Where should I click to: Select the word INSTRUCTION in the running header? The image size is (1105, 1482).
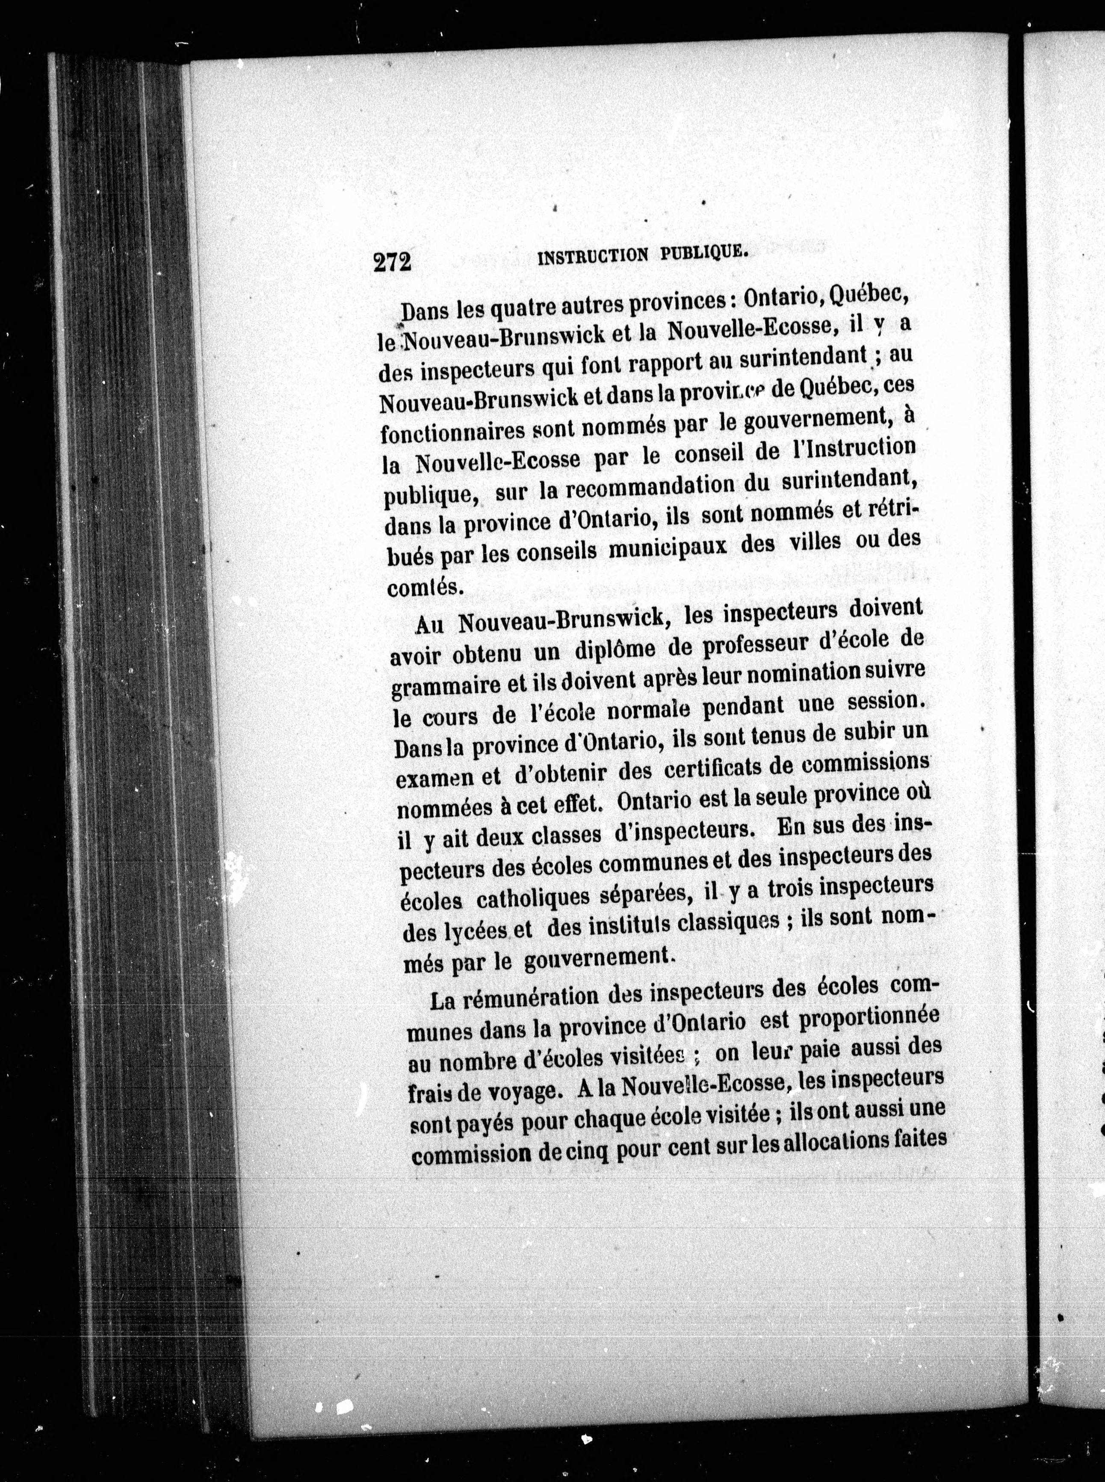click(x=593, y=256)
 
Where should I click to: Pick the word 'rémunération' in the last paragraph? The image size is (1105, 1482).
click(x=532, y=998)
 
